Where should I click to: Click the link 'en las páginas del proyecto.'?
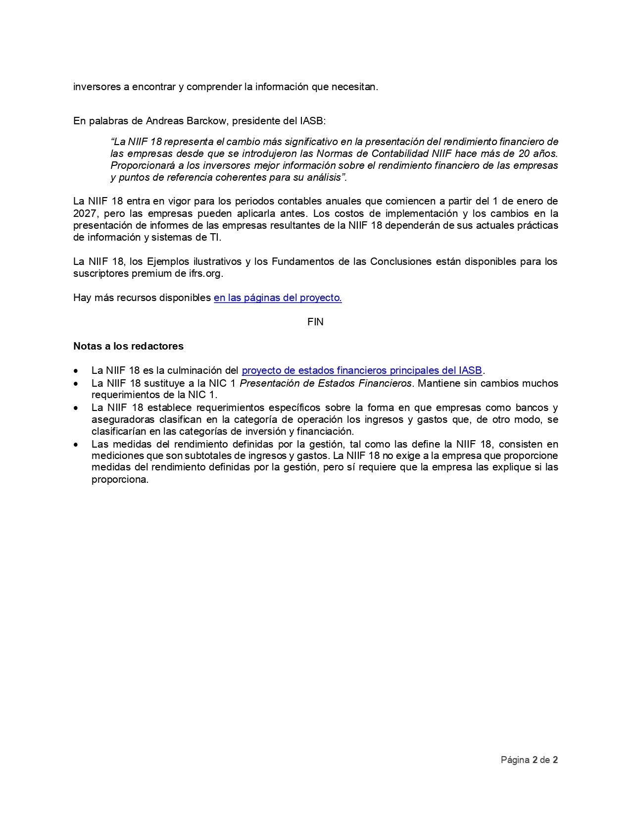[x=278, y=298]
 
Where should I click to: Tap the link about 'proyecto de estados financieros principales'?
[x=361, y=371]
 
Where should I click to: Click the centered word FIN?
[x=315, y=322]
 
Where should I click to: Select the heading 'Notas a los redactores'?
[x=128, y=346]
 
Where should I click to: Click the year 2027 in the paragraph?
[x=84, y=213]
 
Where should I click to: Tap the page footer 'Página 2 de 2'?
[x=529, y=760]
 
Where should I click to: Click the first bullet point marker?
[x=75, y=371]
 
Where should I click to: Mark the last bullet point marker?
[x=75, y=444]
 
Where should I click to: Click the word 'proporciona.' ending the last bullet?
[x=120, y=480]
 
